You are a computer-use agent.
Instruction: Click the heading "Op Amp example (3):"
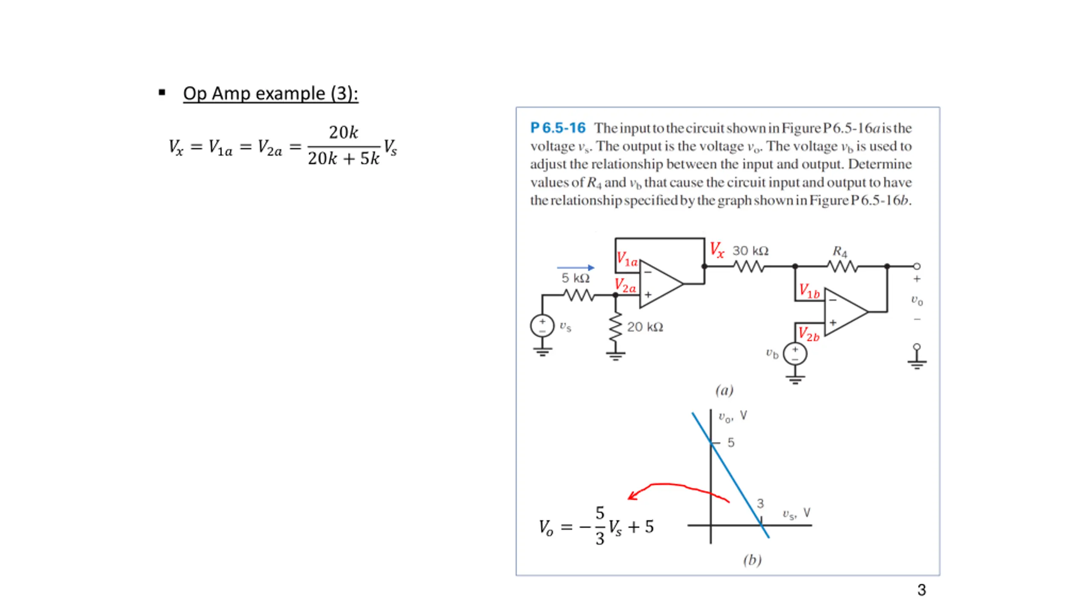point(270,93)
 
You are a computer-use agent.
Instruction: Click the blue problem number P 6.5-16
point(557,127)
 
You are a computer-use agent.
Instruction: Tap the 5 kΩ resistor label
point(575,278)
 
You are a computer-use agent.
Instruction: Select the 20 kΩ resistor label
point(645,327)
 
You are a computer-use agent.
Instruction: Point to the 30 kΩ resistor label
point(750,251)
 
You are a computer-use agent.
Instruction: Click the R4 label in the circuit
point(840,252)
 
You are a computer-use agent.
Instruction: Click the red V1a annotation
point(627,259)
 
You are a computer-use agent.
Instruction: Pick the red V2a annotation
point(625,285)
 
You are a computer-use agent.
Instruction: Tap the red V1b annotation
point(809,291)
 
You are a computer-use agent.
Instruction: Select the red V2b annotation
point(808,334)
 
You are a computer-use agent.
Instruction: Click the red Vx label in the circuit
point(717,249)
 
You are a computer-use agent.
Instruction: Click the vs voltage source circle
point(542,326)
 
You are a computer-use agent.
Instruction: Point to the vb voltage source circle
point(795,354)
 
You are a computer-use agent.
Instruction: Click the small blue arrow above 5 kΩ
point(575,267)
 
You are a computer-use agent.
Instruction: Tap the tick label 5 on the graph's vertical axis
point(731,443)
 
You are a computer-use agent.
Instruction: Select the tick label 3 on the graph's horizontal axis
point(760,504)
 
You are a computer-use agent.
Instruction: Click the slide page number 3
point(921,590)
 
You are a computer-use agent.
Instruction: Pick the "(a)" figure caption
point(724,390)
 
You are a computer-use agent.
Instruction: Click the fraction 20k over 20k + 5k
point(343,146)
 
